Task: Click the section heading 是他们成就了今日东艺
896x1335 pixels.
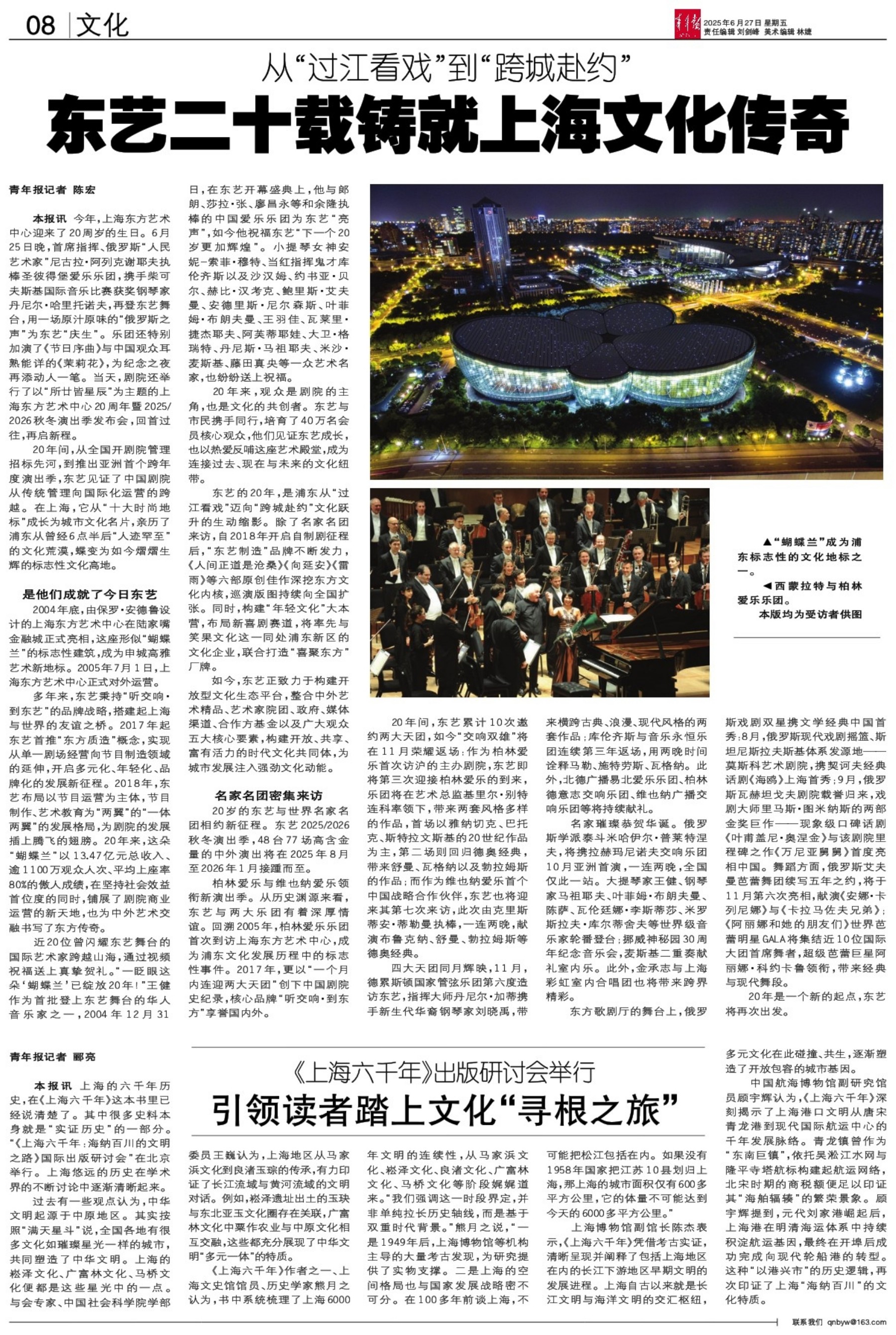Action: [90, 595]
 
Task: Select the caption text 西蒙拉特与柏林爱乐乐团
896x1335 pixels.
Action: [800, 593]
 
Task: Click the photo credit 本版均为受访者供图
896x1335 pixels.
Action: [810, 614]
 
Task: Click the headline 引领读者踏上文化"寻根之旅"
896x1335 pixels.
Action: [446, 1109]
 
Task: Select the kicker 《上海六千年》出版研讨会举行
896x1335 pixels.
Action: [446, 1072]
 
